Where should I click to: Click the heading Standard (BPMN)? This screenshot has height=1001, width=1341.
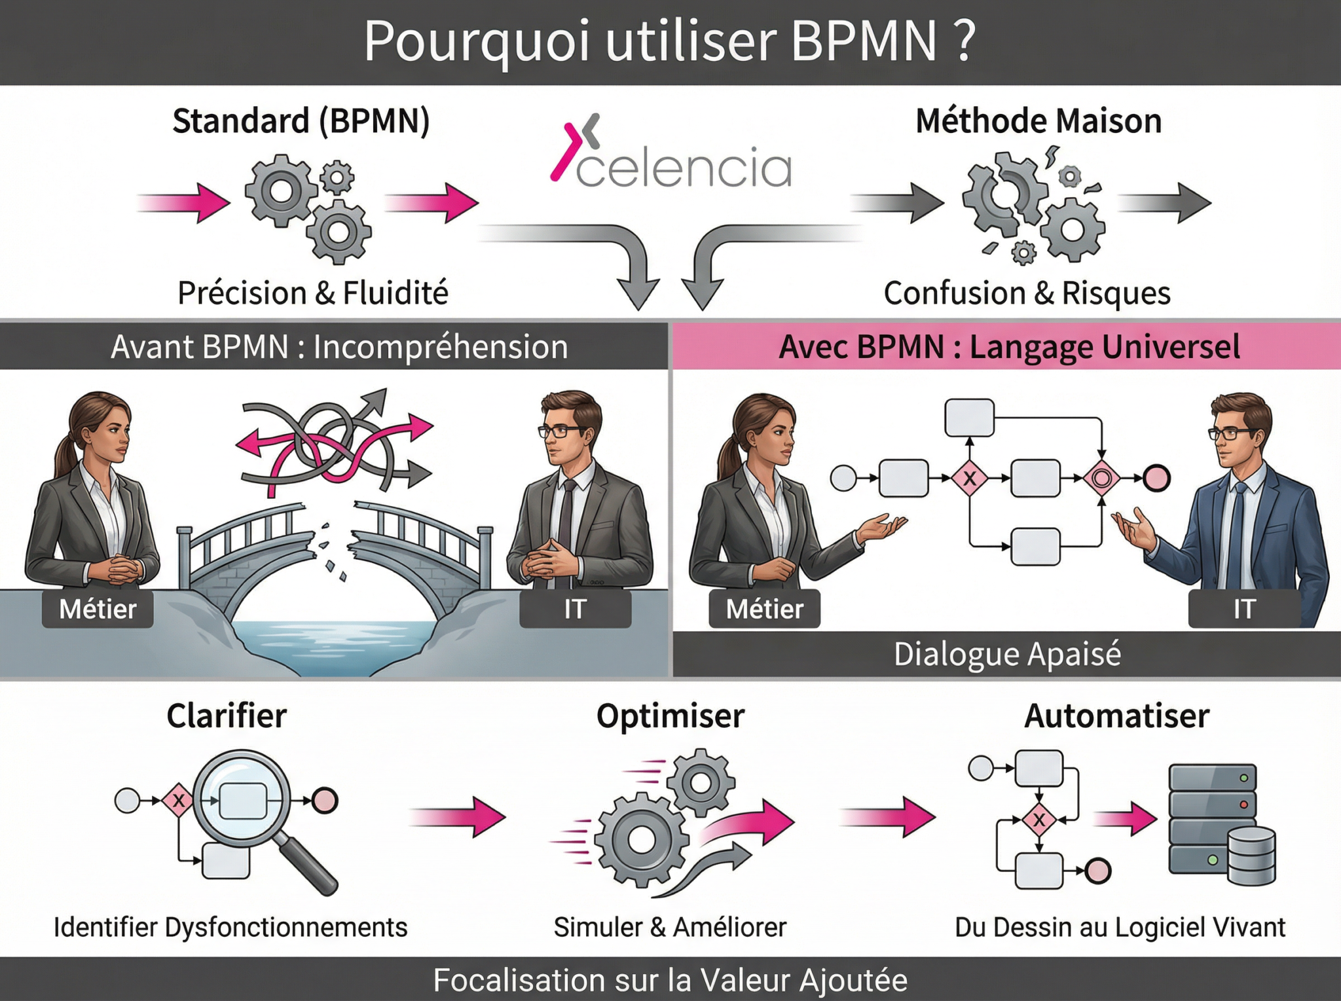[301, 121]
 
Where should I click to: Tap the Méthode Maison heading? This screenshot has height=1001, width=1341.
[1038, 121]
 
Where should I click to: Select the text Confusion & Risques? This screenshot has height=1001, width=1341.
[1027, 293]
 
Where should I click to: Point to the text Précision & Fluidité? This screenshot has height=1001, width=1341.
[313, 293]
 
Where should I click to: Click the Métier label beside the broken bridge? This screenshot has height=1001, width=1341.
[98, 610]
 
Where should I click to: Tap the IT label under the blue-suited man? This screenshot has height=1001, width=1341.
[1243, 610]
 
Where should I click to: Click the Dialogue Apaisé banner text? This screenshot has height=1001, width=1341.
[1007, 654]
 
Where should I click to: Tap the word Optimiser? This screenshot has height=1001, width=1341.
[670, 716]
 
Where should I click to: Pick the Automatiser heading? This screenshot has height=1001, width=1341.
[1116, 716]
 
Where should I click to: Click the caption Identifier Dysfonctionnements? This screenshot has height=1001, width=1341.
[230, 928]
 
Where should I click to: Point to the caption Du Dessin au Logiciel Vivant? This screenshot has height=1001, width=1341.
[1120, 928]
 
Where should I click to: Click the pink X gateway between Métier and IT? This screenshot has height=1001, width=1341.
[970, 479]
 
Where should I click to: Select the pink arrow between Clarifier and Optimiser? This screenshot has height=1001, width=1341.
[458, 816]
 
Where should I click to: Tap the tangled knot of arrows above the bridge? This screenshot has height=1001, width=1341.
[334, 442]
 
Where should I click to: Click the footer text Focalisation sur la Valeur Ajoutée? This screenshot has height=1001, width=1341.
[670, 980]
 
